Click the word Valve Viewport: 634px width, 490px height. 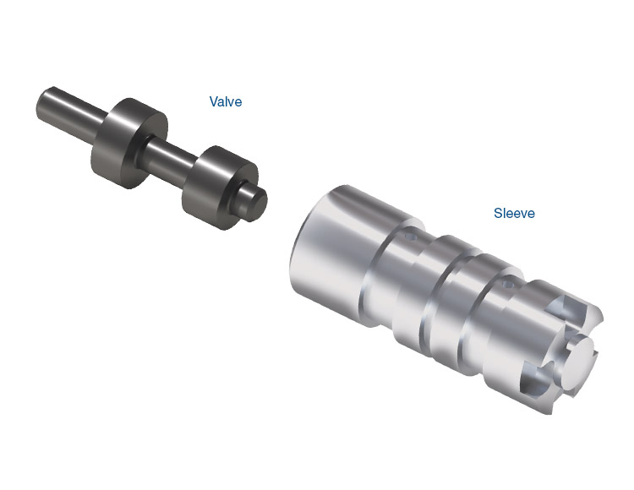click(x=226, y=101)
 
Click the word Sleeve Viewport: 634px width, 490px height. click(x=514, y=213)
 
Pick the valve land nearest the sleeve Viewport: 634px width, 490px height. click(x=218, y=187)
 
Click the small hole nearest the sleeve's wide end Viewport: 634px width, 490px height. click(x=410, y=236)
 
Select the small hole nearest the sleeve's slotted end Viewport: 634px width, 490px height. click(x=506, y=286)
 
